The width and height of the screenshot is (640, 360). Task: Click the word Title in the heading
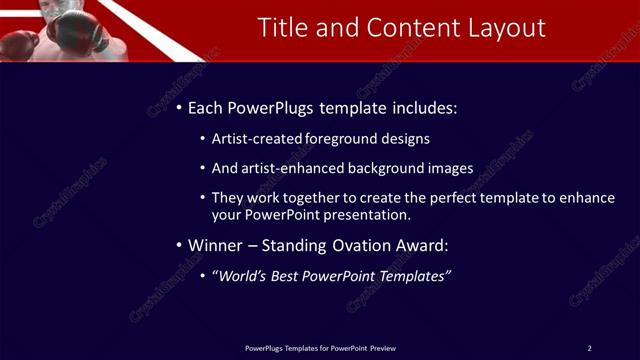coord(281,28)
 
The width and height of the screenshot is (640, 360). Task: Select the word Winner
coord(216,245)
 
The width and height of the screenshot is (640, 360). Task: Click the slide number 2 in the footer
coord(589,348)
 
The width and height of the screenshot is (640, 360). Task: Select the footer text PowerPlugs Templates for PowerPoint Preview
coord(320,348)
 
